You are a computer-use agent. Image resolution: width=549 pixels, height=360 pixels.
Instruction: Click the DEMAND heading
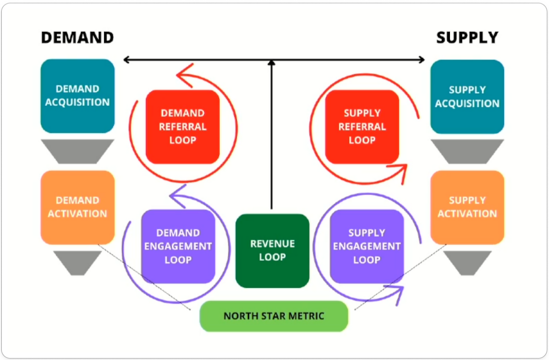tap(77, 38)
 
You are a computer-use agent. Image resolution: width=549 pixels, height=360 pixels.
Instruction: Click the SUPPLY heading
tap(467, 38)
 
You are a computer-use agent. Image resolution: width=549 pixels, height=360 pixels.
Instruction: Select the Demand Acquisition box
tap(78, 96)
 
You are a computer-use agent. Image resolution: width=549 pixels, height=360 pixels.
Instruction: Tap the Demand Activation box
tap(78, 207)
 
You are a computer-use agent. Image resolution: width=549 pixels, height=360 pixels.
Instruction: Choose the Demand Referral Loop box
tap(183, 127)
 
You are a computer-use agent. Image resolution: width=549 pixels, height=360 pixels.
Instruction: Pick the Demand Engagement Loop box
tap(178, 246)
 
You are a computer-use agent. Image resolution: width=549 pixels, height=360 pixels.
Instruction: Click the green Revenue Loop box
tap(272, 251)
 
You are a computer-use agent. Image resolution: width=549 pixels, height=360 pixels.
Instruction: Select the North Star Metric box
tap(274, 317)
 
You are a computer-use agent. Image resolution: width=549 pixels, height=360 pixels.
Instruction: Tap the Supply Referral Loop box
tap(362, 127)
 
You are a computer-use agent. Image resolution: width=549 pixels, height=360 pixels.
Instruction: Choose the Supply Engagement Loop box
tap(367, 246)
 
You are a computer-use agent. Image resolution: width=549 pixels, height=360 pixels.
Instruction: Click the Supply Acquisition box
tap(467, 97)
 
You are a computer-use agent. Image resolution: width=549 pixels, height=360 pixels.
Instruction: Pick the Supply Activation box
tap(467, 207)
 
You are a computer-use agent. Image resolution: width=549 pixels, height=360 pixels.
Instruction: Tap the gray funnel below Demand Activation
tap(78, 262)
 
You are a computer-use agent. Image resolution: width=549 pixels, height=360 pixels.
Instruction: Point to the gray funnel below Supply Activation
tap(467, 262)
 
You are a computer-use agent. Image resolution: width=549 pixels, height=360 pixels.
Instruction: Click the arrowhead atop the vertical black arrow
tap(271, 63)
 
